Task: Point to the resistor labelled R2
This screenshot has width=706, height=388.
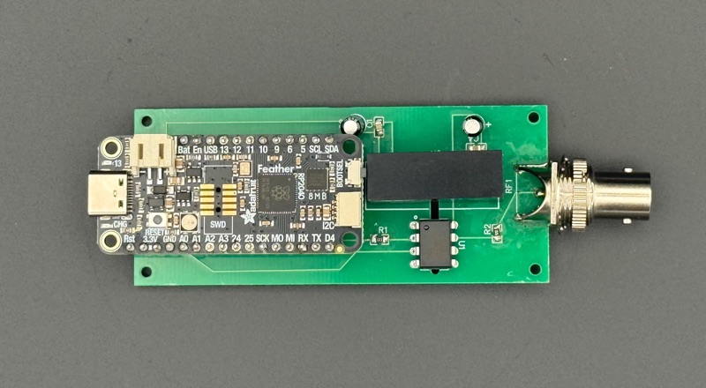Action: point(497,232)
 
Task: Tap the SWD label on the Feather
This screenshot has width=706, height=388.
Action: point(205,226)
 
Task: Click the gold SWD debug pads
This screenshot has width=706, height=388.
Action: point(211,199)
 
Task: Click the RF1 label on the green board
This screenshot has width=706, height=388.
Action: point(509,184)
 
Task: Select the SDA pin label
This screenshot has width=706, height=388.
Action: point(332,150)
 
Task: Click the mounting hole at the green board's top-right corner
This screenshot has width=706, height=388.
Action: point(533,117)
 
